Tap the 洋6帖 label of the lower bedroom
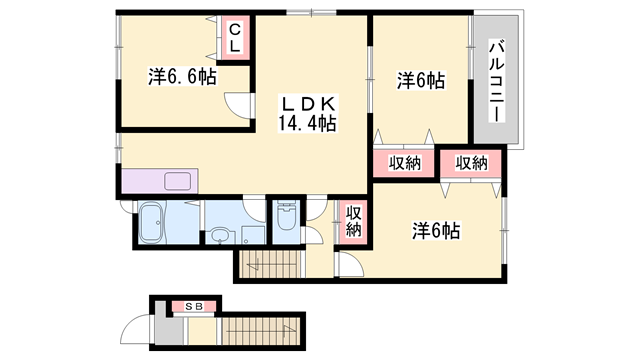[436, 231]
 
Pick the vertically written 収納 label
[353, 218]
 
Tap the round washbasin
[219, 238]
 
